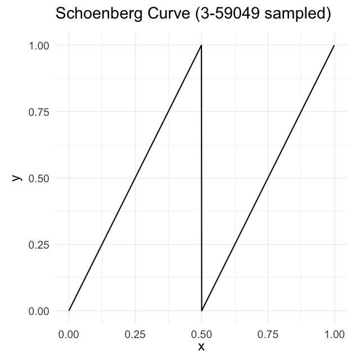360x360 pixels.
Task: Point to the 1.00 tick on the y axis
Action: pyautogui.click(x=39, y=46)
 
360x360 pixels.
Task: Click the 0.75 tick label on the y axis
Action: pyautogui.click(x=39, y=112)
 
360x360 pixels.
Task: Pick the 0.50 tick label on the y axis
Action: pyautogui.click(x=39, y=178)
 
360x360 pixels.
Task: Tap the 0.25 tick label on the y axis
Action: pyautogui.click(x=39, y=245)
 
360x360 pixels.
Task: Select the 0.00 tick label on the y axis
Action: pyautogui.click(x=39, y=311)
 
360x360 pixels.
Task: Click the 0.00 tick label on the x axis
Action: pyautogui.click(x=69, y=335)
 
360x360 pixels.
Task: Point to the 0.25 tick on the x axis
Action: pyautogui.click(x=135, y=335)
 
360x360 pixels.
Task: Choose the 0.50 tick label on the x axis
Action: pyautogui.click(x=201, y=335)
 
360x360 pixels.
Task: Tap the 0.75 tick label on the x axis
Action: pyautogui.click(x=268, y=335)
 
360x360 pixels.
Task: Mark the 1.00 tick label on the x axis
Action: pyautogui.click(x=334, y=335)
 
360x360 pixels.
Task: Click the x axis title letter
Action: pyautogui.click(x=201, y=346)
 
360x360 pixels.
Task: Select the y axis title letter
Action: pyautogui.click(x=17, y=178)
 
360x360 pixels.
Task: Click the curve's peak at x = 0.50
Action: pyautogui.click(x=201, y=46)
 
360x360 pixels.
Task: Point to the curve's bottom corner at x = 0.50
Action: pyautogui.click(x=201, y=310)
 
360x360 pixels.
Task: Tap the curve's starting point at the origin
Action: pyautogui.click(x=69, y=310)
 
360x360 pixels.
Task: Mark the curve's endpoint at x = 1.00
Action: pyautogui.click(x=334, y=46)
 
